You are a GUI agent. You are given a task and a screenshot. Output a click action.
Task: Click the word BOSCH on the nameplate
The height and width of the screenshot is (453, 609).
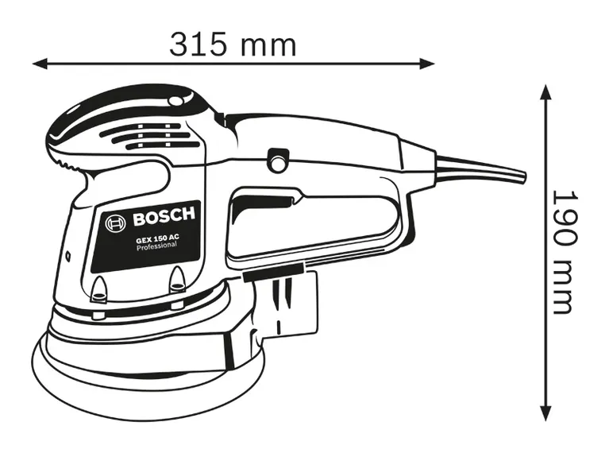tap(163, 215)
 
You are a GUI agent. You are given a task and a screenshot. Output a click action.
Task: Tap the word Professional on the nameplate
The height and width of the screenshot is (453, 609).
tap(156, 250)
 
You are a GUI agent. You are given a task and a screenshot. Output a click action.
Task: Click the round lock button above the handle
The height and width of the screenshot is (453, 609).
tap(277, 161)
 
